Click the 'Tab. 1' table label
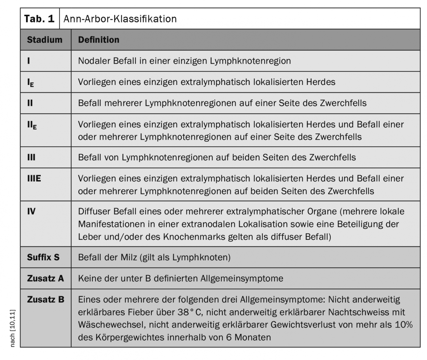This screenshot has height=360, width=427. (x=40, y=18)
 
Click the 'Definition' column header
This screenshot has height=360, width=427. (x=99, y=40)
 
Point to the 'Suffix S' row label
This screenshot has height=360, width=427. (x=43, y=257)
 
